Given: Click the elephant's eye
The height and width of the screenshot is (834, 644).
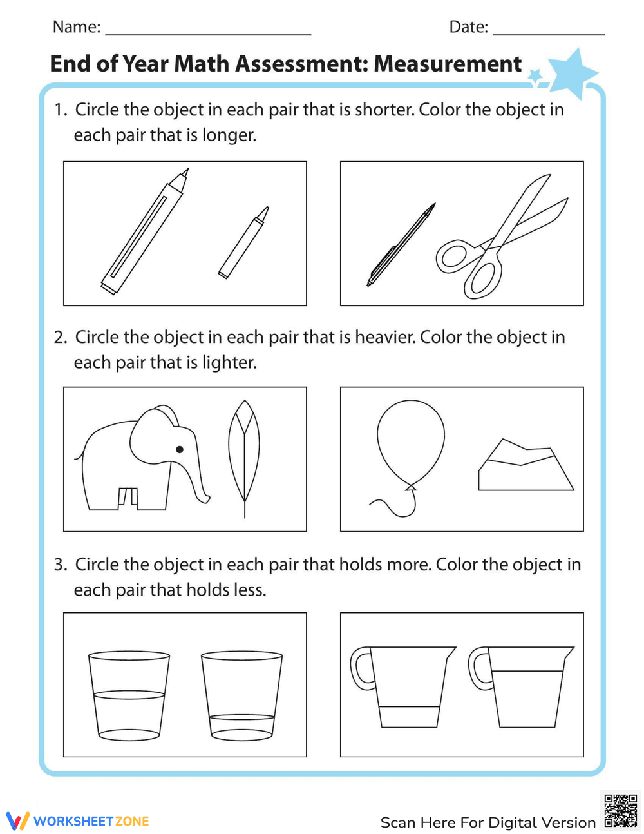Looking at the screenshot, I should click(x=180, y=449).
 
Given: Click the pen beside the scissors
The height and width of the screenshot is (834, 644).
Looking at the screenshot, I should click(x=401, y=245).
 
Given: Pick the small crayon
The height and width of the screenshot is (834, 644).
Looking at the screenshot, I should click(x=243, y=242).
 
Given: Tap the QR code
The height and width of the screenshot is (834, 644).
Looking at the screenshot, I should click(x=620, y=811).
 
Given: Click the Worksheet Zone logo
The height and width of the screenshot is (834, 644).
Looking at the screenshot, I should click(x=78, y=820).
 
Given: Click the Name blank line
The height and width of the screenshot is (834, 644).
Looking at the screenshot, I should click(x=207, y=30).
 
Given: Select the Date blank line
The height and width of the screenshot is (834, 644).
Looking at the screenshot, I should click(x=549, y=30).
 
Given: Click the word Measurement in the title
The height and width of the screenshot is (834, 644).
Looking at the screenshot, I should click(x=448, y=64).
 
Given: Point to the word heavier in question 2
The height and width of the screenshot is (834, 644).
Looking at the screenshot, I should click(x=385, y=337).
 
